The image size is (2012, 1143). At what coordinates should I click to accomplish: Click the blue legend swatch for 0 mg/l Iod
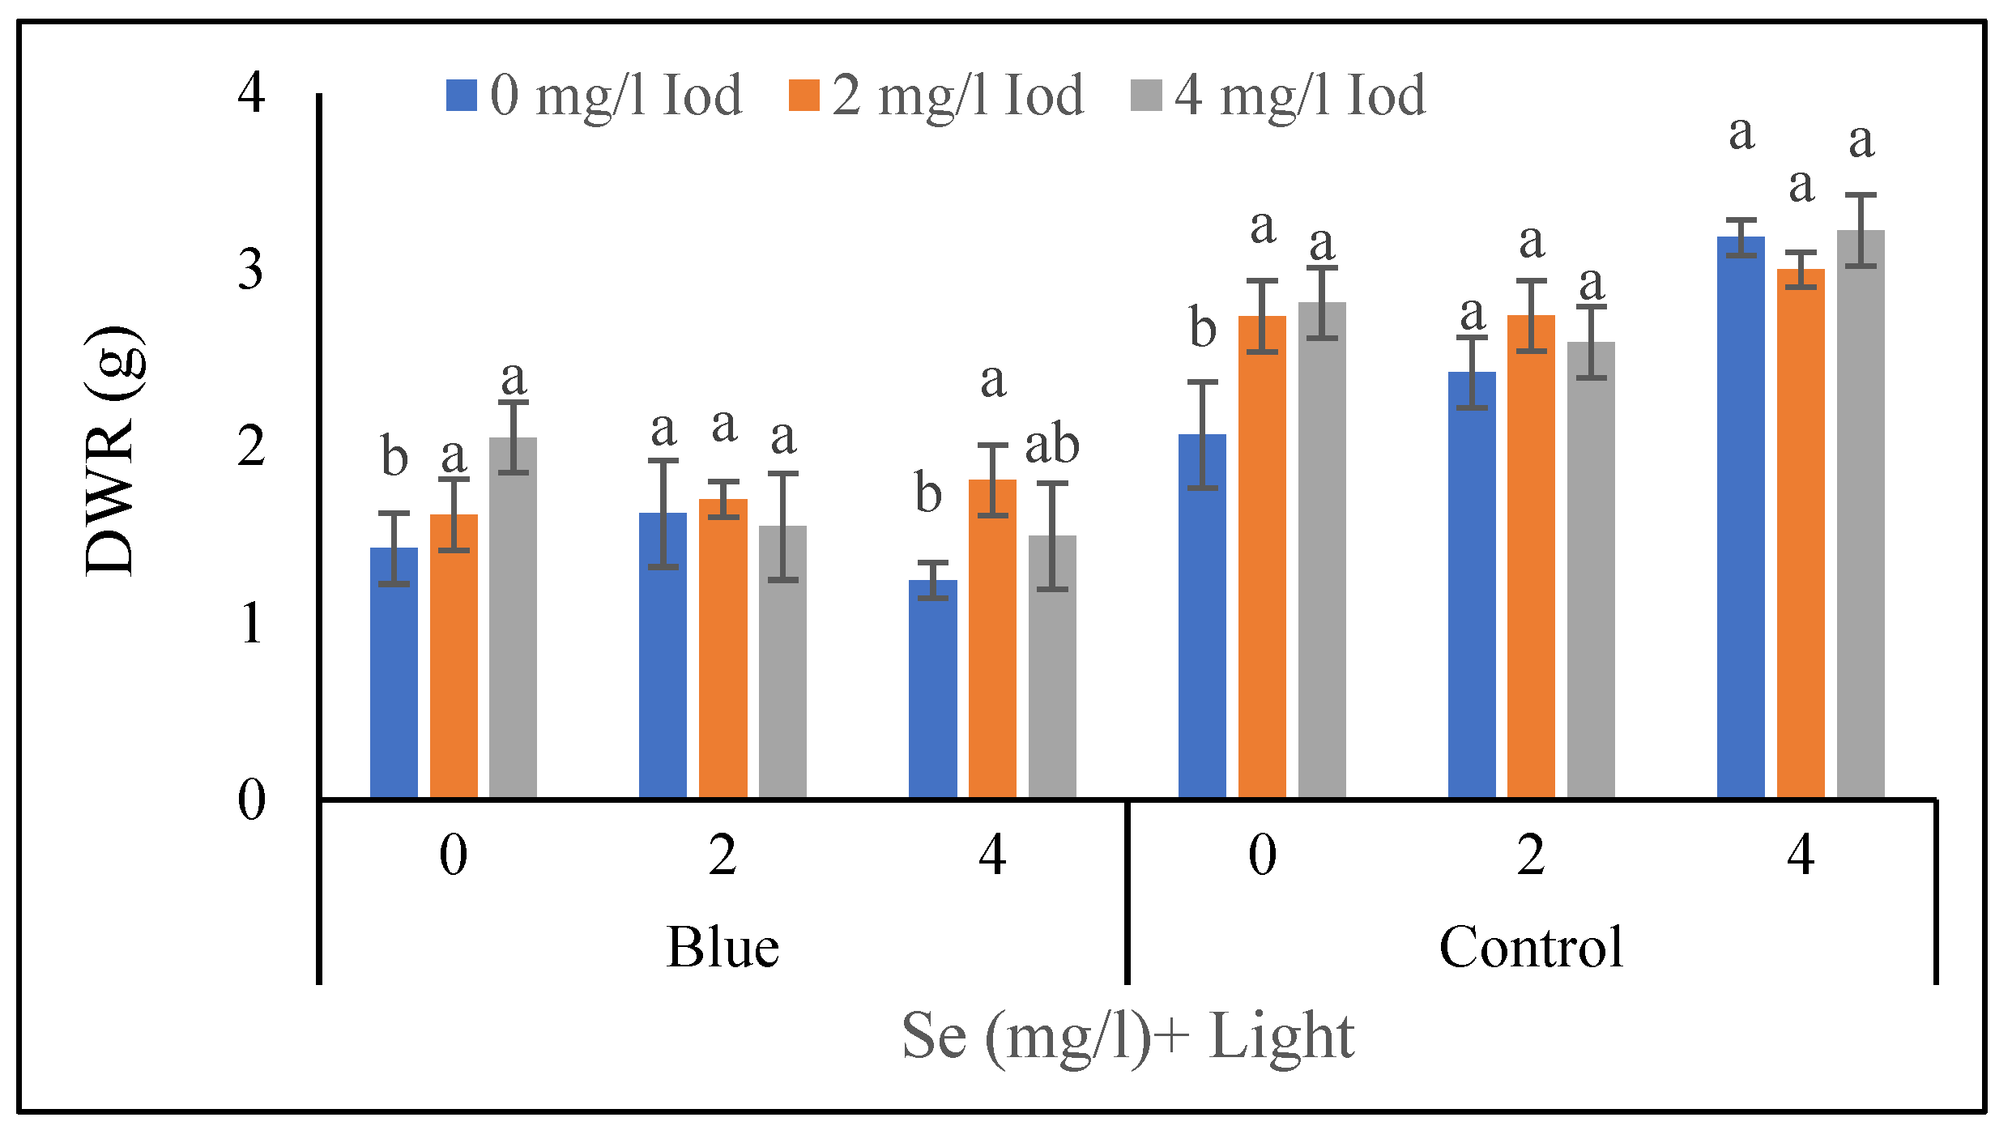(x=461, y=96)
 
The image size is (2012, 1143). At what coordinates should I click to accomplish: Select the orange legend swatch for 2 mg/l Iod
(x=804, y=96)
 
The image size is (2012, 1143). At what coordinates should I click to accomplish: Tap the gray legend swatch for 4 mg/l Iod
(x=1146, y=96)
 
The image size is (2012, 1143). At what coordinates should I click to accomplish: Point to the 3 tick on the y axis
(x=251, y=270)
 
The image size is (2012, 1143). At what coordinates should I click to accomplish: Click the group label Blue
(x=723, y=947)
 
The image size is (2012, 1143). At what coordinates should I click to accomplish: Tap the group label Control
(x=1531, y=947)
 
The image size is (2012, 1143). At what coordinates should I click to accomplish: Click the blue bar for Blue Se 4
(x=932, y=689)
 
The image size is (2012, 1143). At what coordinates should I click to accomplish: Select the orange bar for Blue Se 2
(x=723, y=648)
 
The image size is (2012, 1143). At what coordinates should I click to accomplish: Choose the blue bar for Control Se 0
(x=1202, y=616)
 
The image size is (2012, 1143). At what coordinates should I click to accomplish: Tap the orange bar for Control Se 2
(x=1531, y=559)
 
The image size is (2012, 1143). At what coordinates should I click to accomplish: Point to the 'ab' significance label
(x=1052, y=446)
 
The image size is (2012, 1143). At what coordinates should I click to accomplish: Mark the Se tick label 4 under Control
(x=1801, y=855)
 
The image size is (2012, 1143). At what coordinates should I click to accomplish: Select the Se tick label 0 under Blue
(x=454, y=855)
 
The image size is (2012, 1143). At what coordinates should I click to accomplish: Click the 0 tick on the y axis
(x=251, y=800)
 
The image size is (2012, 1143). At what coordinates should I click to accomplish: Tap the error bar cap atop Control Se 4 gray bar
(x=1861, y=195)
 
